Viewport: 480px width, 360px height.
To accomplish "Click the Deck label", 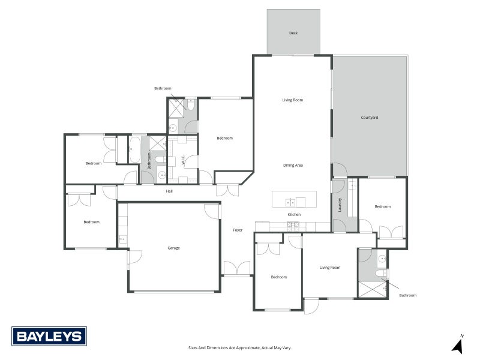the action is coord(293,33).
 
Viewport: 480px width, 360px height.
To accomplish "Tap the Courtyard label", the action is coord(369,117).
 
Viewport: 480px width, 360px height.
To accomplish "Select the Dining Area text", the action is coord(293,166).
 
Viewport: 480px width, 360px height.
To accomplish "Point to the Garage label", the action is coord(173,248).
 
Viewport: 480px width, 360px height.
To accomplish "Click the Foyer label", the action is coord(238,230).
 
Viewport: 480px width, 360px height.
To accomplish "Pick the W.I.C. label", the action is coord(183,160).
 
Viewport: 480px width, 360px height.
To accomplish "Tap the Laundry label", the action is coord(340,205).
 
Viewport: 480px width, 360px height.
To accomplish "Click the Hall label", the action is coord(169,191).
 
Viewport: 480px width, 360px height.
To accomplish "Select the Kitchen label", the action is coord(294,215).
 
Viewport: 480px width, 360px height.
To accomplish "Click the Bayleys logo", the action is coord(49,336).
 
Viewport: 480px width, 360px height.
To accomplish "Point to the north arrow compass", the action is coord(458,344).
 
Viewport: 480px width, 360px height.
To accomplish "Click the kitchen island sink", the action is coord(290,202).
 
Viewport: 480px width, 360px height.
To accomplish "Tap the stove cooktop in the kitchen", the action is coord(293,226).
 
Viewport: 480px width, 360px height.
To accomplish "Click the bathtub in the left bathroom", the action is coord(134,149).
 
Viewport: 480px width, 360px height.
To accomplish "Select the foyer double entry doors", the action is coord(237,268).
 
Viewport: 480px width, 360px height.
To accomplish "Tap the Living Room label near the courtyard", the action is coord(293,100).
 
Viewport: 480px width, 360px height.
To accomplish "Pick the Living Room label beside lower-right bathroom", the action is coord(329,268).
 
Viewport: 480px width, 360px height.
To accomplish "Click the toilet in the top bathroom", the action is coord(191,104).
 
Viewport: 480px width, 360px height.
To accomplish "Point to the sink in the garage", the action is coord(123,239).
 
